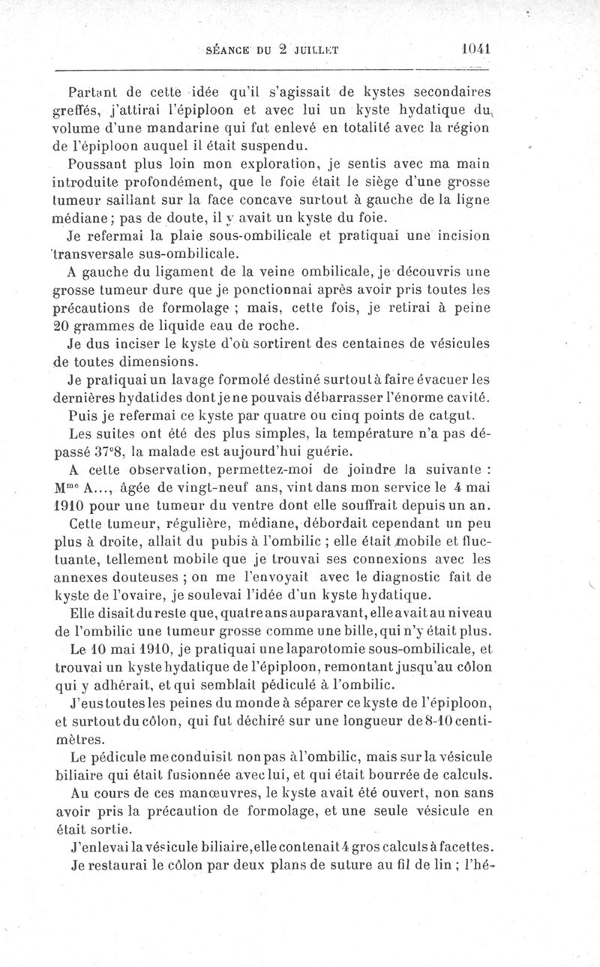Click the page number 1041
point(476,47)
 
